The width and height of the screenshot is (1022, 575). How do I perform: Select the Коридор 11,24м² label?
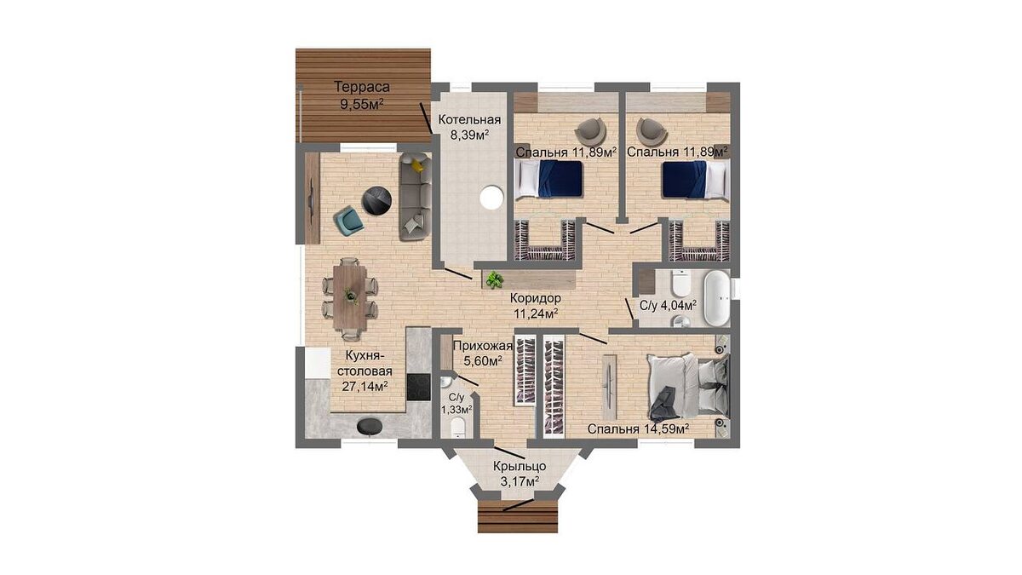point(536,306)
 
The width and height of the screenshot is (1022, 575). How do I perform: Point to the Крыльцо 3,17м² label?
point(520,474)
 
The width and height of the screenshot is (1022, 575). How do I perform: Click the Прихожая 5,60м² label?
point(483,354)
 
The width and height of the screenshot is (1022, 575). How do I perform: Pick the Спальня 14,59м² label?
point(638,429)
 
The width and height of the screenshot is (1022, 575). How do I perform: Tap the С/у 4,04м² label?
point(668,305)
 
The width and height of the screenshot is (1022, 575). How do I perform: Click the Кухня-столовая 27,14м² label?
point(365,371)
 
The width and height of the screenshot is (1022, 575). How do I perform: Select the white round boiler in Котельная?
point(491,197)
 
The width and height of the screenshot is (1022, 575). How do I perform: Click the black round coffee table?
point(376,200)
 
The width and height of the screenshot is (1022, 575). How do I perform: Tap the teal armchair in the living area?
point(348,221)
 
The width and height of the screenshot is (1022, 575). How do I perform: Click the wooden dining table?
point(350,296)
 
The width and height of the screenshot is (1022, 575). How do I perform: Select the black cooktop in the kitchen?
point(100,388)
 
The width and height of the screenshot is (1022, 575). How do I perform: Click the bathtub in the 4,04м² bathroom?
point(718,298)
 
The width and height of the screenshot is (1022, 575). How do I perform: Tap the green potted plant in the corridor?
point(494,279)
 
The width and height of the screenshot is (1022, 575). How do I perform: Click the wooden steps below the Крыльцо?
point(518,516)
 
